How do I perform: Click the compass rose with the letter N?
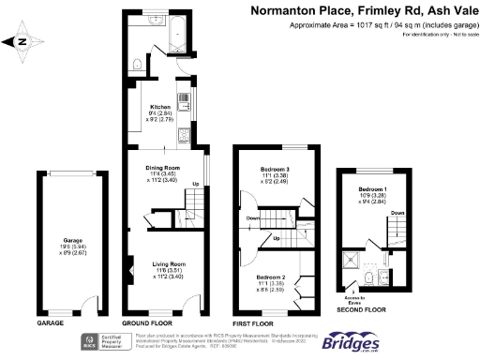(18, 42)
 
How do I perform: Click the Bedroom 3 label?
(275, 169)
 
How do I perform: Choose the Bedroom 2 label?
(271, 277)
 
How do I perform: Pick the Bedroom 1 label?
(372, 188)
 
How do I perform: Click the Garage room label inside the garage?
(72, 240)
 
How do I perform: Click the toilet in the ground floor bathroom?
(139, 64)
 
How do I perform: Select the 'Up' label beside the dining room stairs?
(195, 183)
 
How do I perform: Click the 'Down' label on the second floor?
(397, 213)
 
